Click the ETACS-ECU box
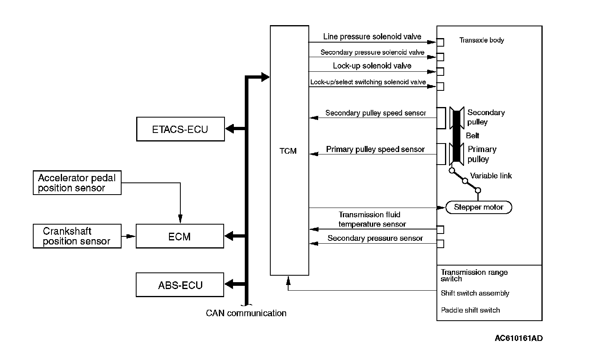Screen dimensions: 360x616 click(180, 129)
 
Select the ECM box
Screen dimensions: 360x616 click(180, 236)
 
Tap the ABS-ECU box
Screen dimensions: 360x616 click(180, 285)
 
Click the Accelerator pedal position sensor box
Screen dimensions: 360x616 click(77, 183)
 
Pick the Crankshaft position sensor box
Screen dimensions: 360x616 click(77, 236)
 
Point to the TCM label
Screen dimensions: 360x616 click(288, 151)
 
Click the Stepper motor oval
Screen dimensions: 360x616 click(479, 207)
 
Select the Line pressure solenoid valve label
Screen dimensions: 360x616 click(372, 36)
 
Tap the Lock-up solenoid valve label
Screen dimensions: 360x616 click(372, 66)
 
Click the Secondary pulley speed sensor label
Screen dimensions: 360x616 click(375, 113)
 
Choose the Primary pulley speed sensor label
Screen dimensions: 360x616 click(375, 149)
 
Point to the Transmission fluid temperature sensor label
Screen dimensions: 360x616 click(372, 219)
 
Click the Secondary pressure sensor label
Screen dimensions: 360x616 click(375, 238)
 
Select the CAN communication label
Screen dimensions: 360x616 click(246, 313)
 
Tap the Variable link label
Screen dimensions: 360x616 click(491, 176)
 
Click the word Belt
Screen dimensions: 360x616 click(473, 135)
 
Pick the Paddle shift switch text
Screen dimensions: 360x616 click(470, 310)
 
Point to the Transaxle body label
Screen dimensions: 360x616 click(481, 40)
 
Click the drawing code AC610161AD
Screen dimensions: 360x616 click(518, 338)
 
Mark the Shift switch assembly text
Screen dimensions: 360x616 click(475, 293)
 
